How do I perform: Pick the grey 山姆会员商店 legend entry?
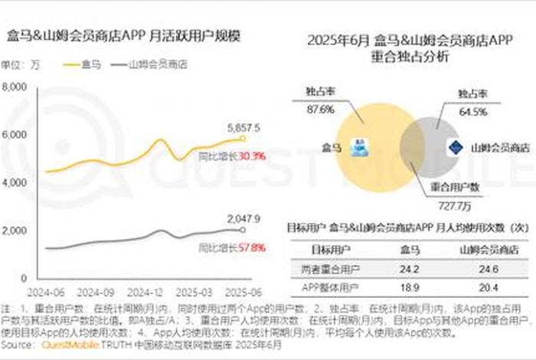coord(156,65)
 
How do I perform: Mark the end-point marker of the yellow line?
coord(243,138)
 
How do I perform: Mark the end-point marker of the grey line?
coord(243,229)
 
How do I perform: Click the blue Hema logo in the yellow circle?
coord(358,148)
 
